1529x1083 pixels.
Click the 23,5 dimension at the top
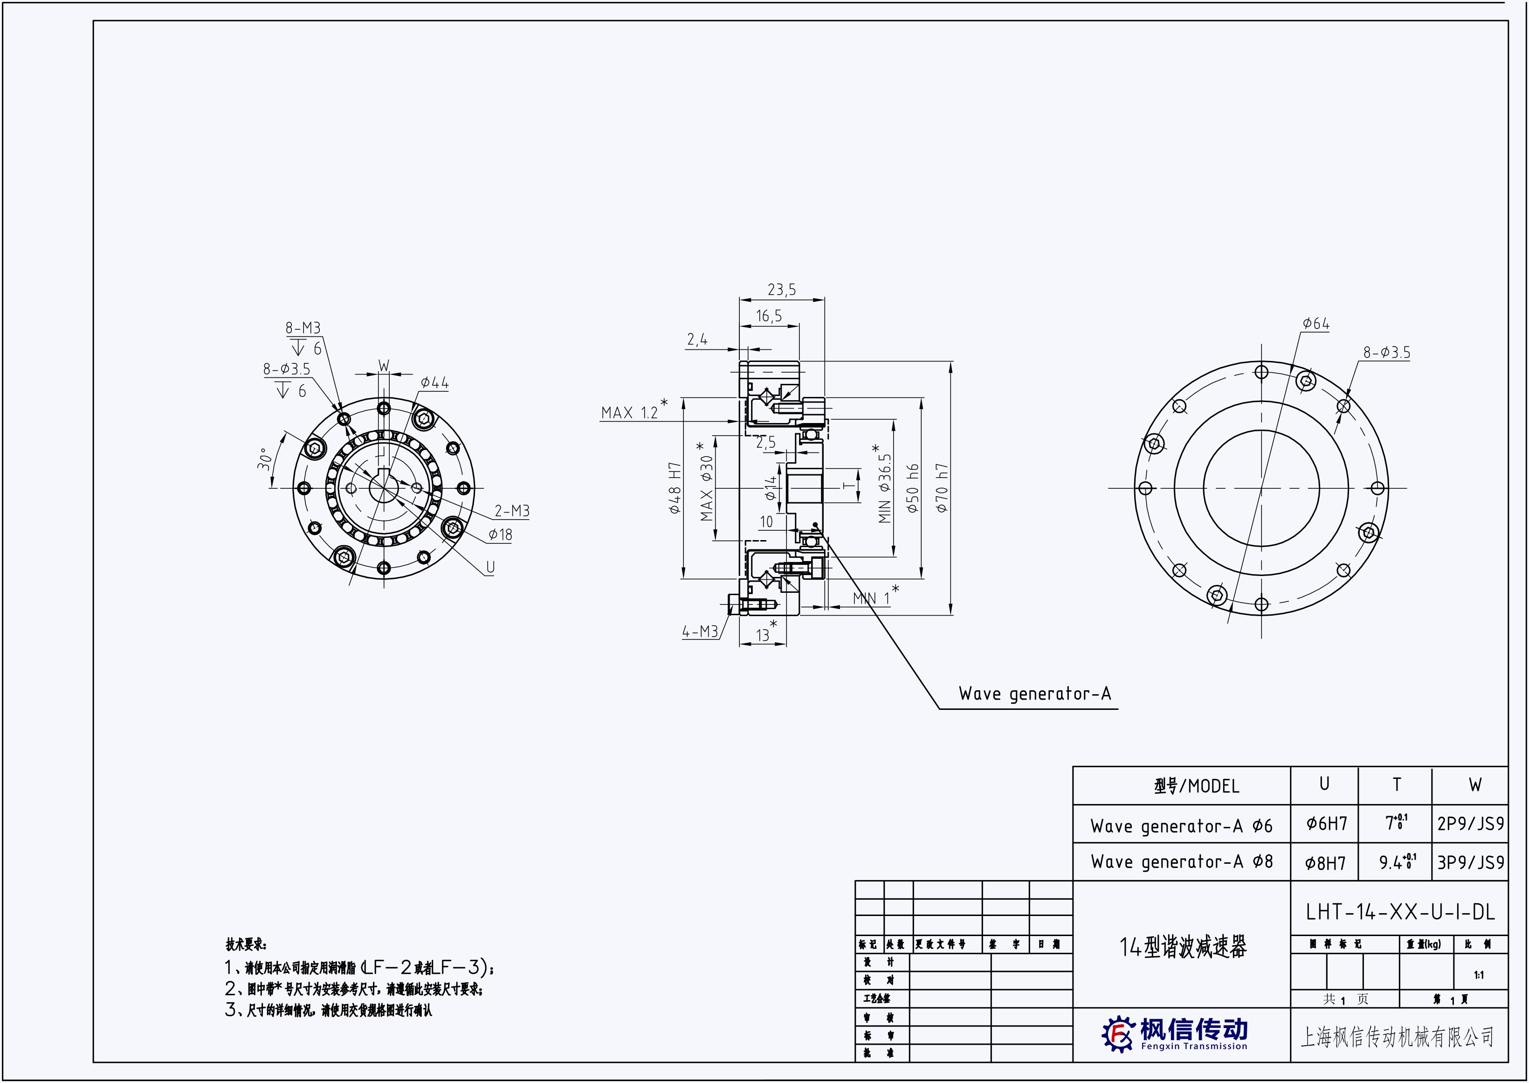[781, 290]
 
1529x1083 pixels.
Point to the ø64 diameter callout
[1315, 324]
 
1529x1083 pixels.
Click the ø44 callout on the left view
[434, 383]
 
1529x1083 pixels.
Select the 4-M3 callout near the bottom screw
[699, 632]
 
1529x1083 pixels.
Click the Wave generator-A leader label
[1034, 694]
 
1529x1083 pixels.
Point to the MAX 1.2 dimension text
[629, 413]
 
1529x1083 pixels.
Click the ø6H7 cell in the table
[1326, 824]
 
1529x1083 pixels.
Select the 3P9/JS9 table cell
[1470, 863]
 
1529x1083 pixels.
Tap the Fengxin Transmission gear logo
[1117, 1034]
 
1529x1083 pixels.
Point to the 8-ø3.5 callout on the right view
[1386, 353]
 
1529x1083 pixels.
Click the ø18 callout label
[500, 535]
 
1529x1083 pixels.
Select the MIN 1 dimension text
[871, 599]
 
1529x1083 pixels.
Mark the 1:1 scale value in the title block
[1479, 975]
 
